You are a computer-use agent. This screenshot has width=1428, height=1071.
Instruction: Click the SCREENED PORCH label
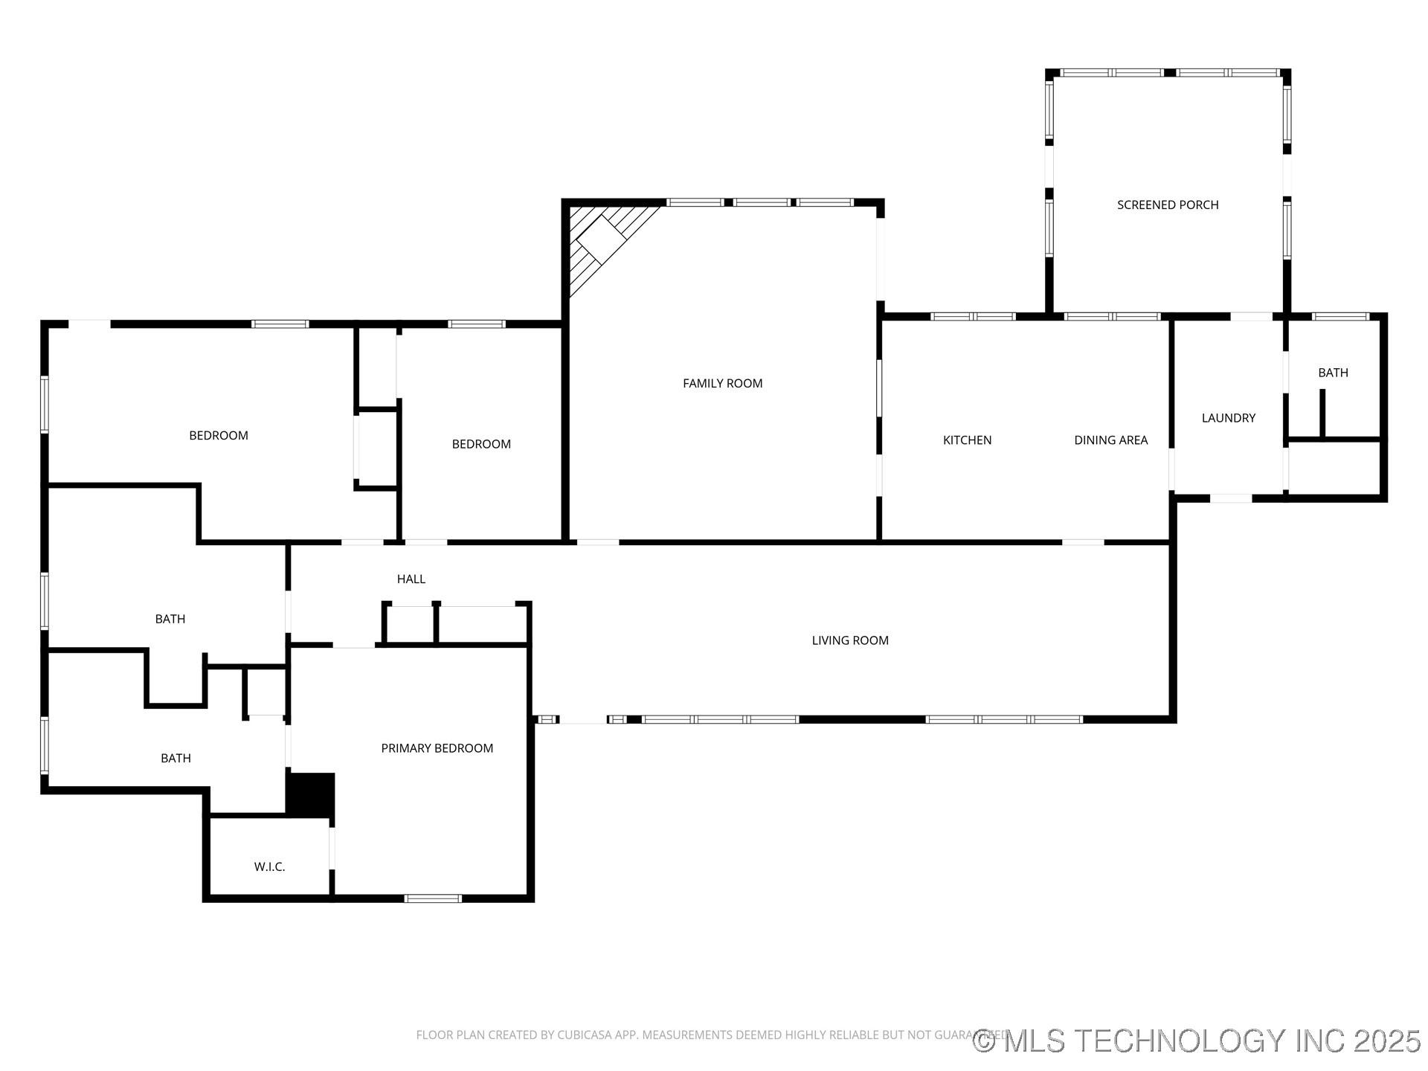click(x=1167, y=205)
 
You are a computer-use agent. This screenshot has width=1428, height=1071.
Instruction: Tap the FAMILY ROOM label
click(x=722, y=384)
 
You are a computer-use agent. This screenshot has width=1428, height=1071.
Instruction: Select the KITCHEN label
click(x=967, y=440)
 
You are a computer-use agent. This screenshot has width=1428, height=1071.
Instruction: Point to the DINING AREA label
click(x=1110, y=440)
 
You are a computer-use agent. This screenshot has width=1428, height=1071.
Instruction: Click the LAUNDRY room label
click(x=1228, y=418)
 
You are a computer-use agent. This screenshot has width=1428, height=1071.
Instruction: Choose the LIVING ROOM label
click(x=849, y=640)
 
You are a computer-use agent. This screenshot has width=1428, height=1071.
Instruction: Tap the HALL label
click(x=411, y=579)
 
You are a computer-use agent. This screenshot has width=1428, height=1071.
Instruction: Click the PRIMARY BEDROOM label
click(x=437, y=748)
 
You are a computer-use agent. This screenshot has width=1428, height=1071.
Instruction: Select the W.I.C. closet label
click(x=269, y=867)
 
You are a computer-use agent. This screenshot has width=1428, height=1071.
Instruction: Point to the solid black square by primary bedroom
click(x=311, y=795)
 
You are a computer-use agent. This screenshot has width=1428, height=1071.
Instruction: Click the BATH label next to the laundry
click(x=1333, y=373)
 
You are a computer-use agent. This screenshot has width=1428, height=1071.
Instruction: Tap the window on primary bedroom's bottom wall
click(x=433, y=898)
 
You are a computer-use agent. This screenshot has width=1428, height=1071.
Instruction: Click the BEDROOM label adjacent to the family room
click(x=481, y=444)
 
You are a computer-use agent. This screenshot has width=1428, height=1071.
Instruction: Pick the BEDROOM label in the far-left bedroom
click(x=218, y=436)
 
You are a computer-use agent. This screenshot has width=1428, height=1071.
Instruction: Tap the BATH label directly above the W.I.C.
click(x=176, y=759)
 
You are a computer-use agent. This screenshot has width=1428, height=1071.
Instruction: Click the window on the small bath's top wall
click(x=1340, y=317)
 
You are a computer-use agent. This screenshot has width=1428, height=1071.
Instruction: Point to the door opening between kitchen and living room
click(x=1083, y=542)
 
